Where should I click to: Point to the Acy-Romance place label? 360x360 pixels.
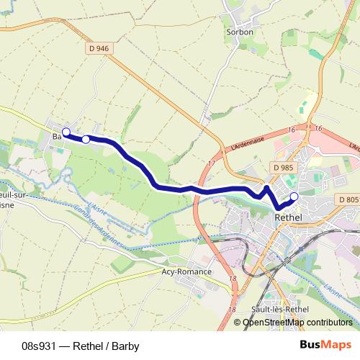click(x=186, y=271)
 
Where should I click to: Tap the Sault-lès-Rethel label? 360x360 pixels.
click(x=267, y=309)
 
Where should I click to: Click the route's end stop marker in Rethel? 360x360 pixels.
click(x=294, y=196)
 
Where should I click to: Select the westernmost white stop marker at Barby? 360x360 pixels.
click(x=66, y=132)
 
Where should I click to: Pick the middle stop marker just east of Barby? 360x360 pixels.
click(x=86, y=139)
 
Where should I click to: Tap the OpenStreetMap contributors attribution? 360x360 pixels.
click(x=297, y=323)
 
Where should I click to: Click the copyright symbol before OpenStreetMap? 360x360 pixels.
click(x=238, y=323)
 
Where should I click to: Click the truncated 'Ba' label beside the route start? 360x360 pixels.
click(x=56, y=135)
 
